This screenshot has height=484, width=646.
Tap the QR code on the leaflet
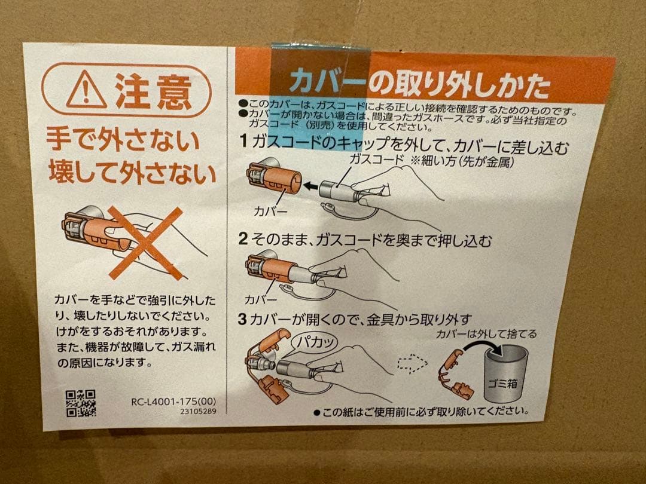click(x=80, y=403)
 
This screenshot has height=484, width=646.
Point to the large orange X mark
click(x=145, y=243)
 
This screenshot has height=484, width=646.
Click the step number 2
click(x=243, y=240)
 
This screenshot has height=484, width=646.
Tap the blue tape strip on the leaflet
click(x=320, y=90)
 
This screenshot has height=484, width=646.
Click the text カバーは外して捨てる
click(x=486, y=333)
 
